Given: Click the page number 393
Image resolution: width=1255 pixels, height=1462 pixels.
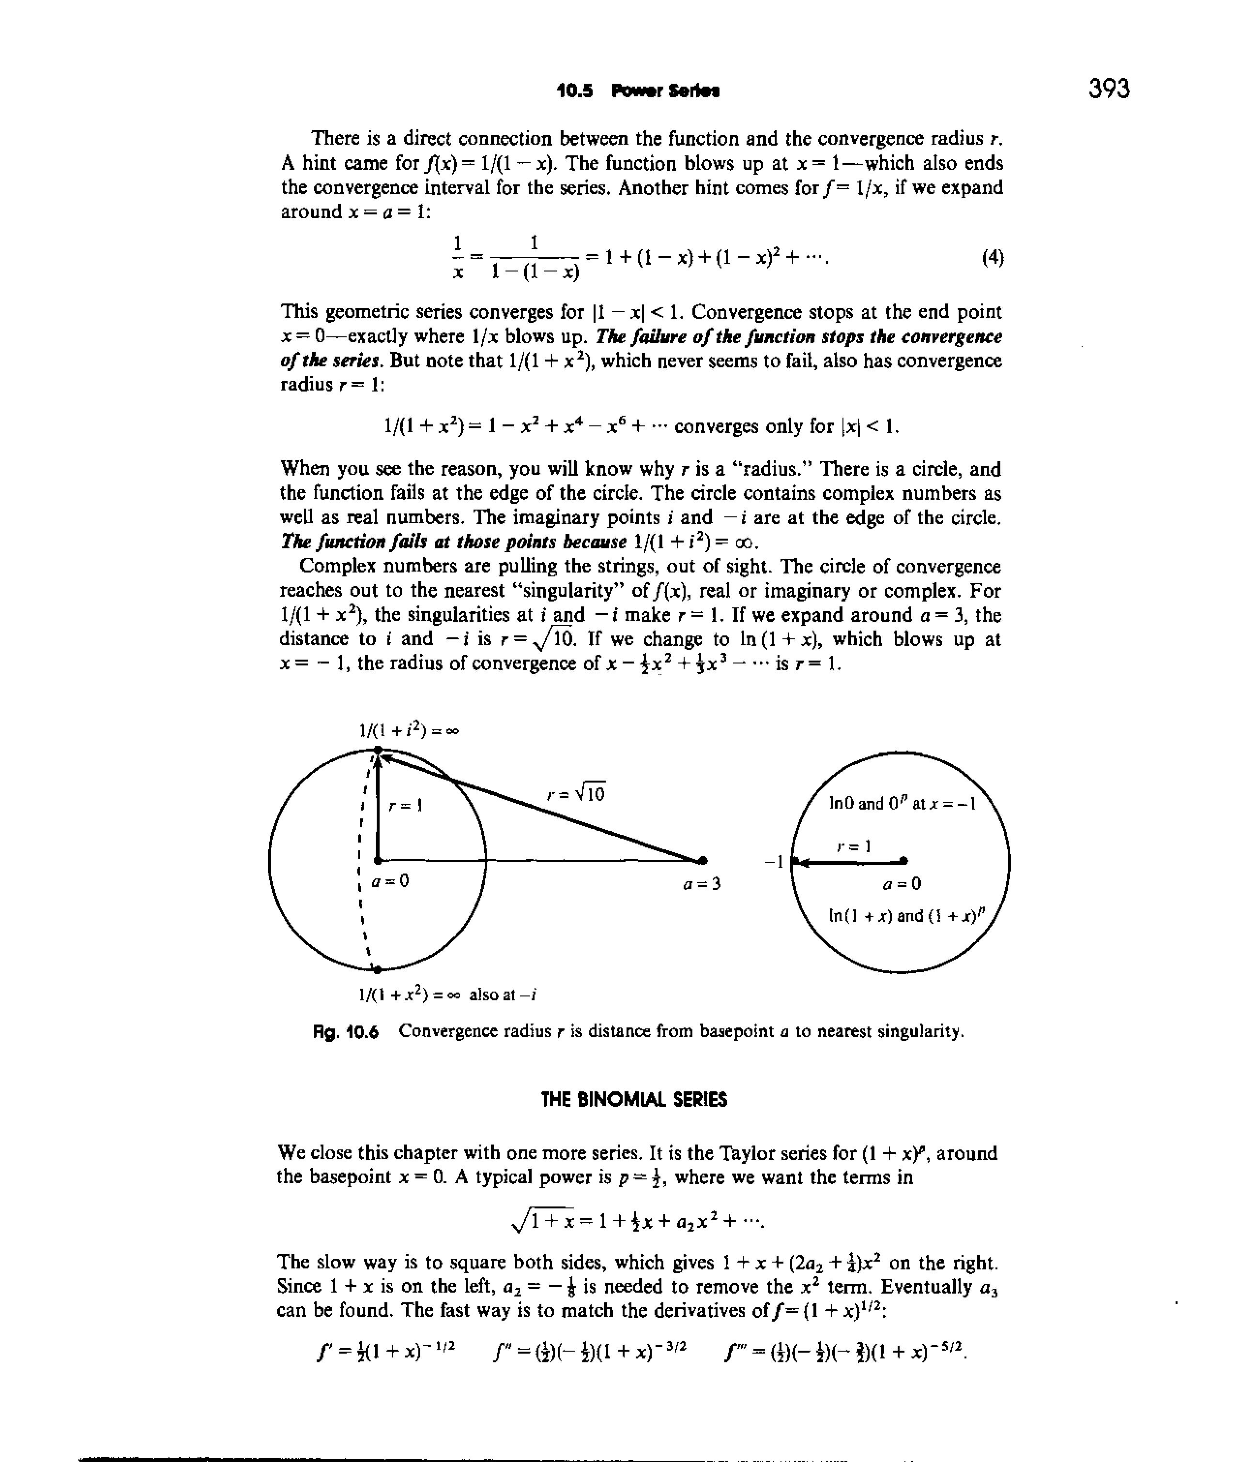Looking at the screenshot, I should point(1108,89).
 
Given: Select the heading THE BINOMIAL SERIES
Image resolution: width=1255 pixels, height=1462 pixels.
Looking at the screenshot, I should point(633,1100).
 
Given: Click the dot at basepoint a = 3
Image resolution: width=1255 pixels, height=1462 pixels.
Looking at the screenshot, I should point(703,859).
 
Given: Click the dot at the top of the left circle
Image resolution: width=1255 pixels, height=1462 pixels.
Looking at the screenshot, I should point(378,749).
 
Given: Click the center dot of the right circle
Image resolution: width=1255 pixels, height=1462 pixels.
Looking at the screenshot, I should point(904,860).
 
